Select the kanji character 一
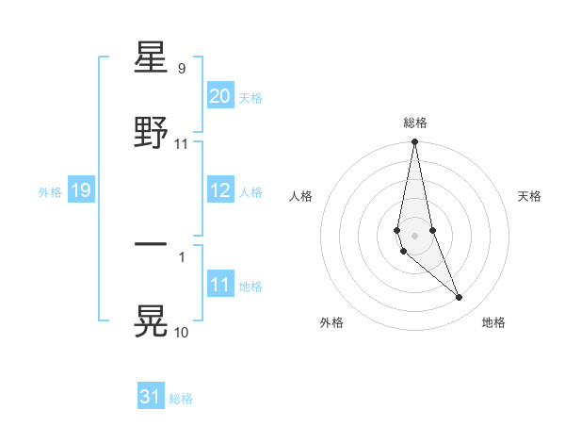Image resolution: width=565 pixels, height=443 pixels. [x=152, y=244]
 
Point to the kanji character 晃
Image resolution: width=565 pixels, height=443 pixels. [x=152, y=319]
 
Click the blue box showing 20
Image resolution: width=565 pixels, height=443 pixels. [x=219, y=96]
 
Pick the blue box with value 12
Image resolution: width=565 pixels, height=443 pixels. [x=219, y=190]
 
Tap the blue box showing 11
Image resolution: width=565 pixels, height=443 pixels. [x=219, y=285]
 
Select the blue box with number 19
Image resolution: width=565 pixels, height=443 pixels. [x=80, y=190]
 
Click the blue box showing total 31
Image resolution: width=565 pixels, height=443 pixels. [x=150, y=397]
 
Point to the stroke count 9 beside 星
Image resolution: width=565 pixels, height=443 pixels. [x=181, y=69]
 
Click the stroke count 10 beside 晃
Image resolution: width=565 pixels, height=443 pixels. [x=181, y=332]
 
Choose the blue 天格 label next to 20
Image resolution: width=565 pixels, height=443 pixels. [x=250, y=98]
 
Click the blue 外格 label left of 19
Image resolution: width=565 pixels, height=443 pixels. [x=50, y=192]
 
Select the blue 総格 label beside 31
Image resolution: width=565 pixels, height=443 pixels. [x=181, y=399]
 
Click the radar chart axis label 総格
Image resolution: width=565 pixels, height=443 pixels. [x=415, y=123]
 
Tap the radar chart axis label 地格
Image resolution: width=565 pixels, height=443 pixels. [x=493, y=323]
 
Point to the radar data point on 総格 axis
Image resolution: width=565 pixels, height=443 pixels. [x=414, y=142]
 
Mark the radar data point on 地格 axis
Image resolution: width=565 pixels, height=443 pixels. [x=460, y=298]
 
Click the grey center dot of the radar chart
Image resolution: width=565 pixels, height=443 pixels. [x=414, y=235]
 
